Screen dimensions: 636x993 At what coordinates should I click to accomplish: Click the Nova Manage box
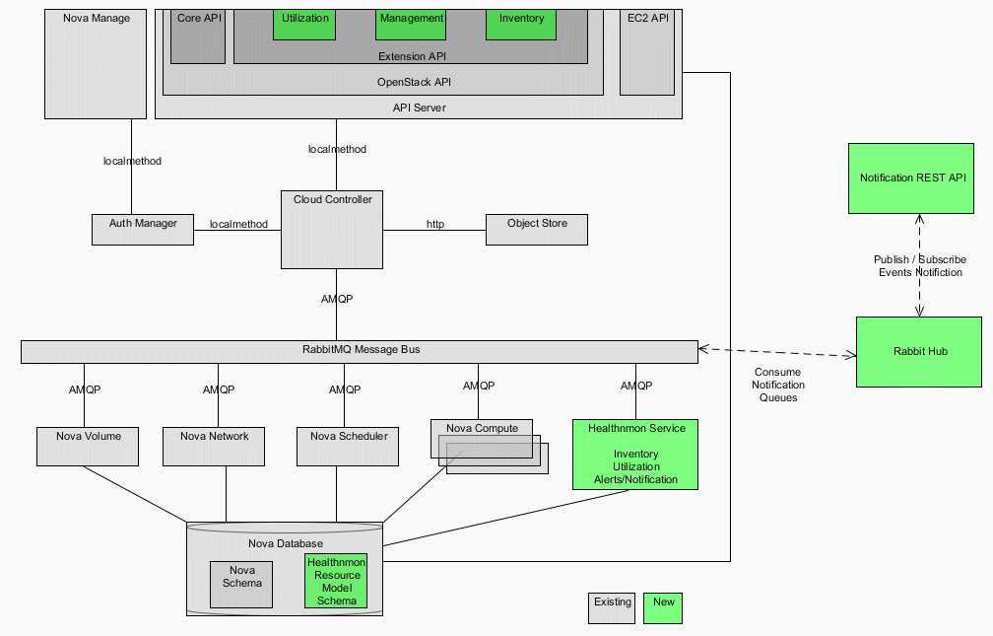pos(96,63)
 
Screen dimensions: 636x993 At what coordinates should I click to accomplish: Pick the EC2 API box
pos(647,51)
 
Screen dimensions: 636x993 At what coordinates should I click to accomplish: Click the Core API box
pos(198,35)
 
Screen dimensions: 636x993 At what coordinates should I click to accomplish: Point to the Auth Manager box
pos(143,229)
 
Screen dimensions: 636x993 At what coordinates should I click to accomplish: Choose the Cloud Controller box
pos(332,230)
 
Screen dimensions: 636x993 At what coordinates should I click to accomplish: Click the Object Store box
pos(537,229)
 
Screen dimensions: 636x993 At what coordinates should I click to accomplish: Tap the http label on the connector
pos(434,224)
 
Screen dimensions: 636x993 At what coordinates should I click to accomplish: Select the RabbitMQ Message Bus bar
pos(360,351)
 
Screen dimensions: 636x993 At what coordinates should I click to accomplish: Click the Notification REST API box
pos(912,177)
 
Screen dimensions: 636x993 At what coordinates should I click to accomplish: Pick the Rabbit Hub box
pos(918,351)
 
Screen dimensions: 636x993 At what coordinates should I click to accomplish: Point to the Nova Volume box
pos(89,446)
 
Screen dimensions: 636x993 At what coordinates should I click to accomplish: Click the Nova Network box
pos(215,446)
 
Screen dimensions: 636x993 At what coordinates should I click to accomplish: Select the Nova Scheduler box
pos(348,446)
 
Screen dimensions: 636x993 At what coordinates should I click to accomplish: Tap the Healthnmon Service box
pos(635,454)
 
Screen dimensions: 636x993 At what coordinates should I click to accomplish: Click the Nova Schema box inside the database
pos(241,584)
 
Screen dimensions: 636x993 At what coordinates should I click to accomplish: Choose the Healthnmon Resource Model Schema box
pos(336,581)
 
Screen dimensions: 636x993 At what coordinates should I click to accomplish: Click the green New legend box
pos(663,607)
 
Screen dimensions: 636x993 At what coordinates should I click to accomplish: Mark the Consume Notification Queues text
pos(777,385)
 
